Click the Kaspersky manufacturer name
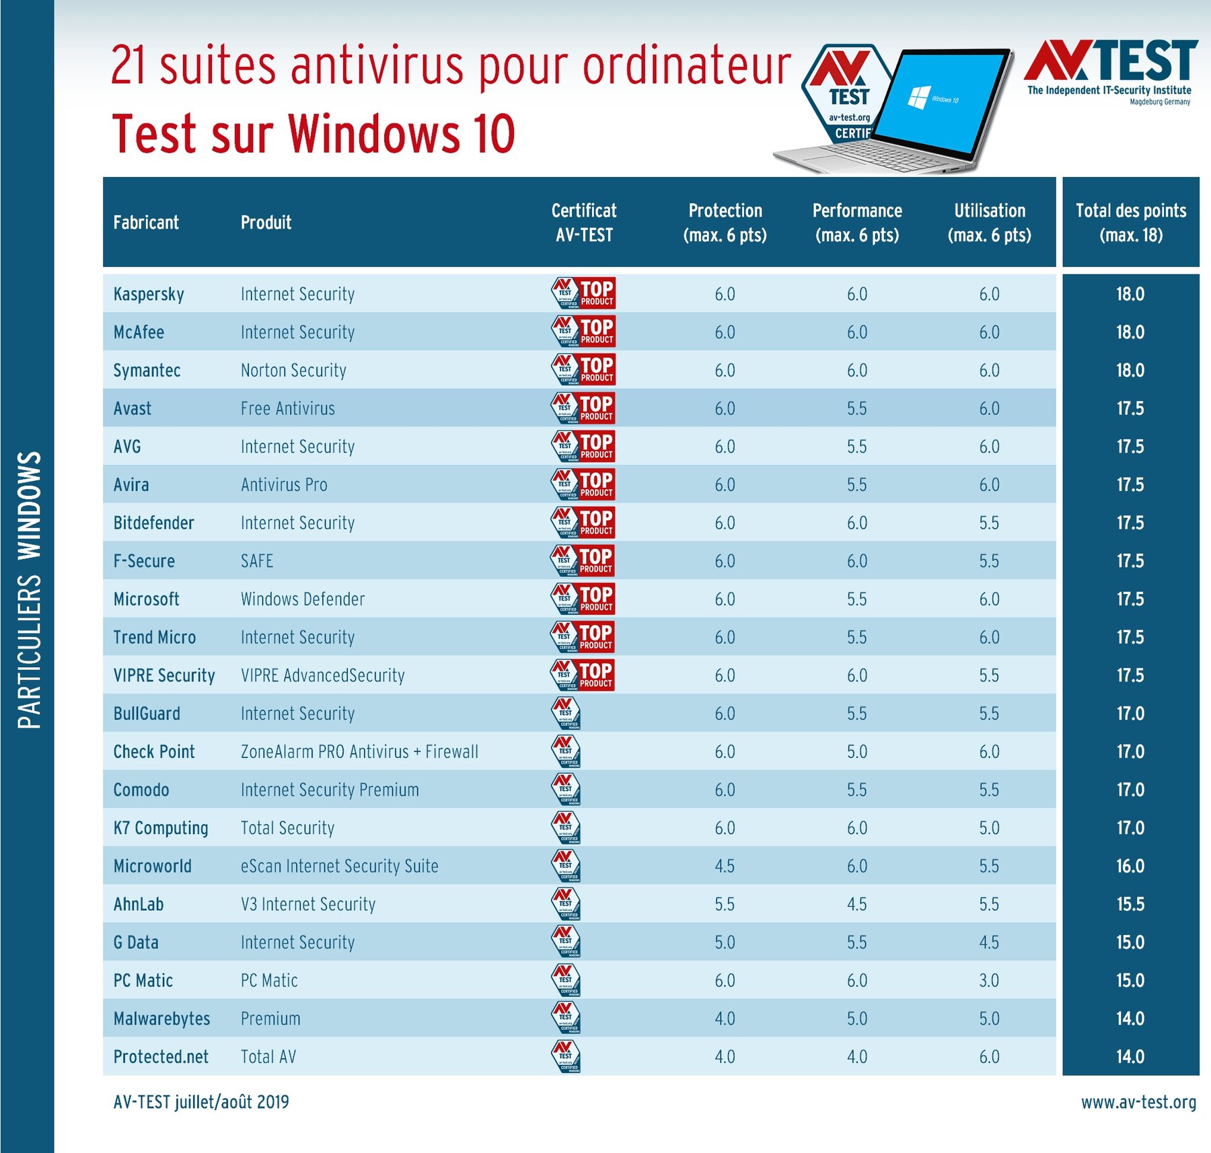click(149, 294)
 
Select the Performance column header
click(857, 223)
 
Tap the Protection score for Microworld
click(725, 866)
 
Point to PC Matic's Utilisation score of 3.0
click(989, 980)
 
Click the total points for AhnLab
click(1130, 904)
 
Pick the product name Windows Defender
click(303, 599)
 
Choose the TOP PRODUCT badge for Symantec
click(583, 369)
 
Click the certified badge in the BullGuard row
click(566, 713)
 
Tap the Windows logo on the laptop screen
click(919, 97)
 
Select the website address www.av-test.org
click(1138, 1102)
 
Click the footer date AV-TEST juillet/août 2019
click(201, 1102)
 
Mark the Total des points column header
click(1131, 223)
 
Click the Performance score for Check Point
click(857, 751)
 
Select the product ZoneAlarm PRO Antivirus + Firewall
click(359, 751)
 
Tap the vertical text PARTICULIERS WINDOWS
click(29, 589)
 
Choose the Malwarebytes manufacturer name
click(161, 1018)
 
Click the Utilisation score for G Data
click(989, 942)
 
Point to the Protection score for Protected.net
click(725, 1056)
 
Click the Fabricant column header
click(146, 223)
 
